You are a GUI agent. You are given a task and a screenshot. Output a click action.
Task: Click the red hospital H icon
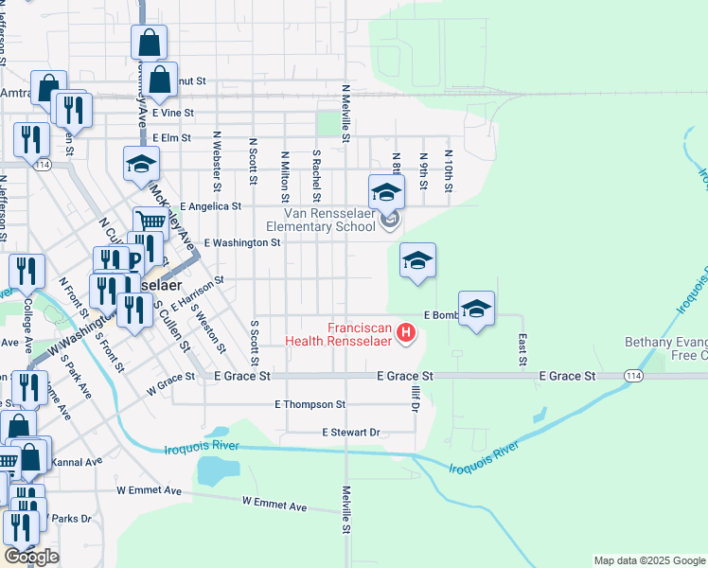pos(406,332)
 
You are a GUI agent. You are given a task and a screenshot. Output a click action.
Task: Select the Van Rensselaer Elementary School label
pos(320,221)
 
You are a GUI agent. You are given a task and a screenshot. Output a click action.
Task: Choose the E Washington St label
pos(241,242)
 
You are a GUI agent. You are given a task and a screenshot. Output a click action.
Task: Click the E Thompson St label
pos(310,404)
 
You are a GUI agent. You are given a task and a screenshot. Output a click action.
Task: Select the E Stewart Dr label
pos(350,432)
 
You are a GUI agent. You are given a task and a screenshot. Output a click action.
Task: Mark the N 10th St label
pos(448,171)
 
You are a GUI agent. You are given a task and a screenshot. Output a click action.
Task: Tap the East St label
pos(522,349)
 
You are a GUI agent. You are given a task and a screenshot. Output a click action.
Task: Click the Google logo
pos(31,557)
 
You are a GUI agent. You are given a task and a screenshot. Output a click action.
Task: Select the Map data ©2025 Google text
pos(648,560)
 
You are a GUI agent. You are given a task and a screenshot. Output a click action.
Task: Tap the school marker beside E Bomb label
pos(477,309)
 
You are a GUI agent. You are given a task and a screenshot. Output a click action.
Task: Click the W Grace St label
pos(170,387)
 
